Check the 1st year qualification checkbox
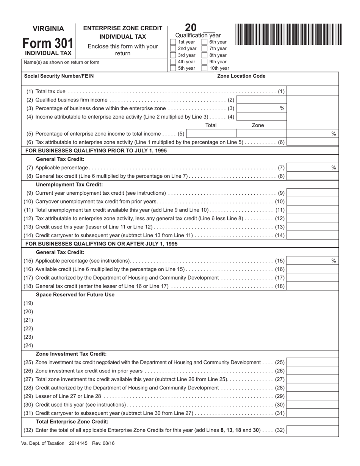coord(173,42)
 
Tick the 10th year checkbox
coord(205,69)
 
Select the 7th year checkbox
coord(205,48)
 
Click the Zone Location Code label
coord(241,76)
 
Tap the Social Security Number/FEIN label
coord(59,76)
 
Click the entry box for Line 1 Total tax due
coord(313,91)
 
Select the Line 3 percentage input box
coord(261,108)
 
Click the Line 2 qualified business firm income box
coord(261,100)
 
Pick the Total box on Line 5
coord(211,134)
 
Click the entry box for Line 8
coord(313,176)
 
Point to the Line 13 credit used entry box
coord(313,227)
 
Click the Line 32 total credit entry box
coord(313,430)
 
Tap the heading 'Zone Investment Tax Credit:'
coord(71,354)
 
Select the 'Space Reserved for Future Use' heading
coord(75,294)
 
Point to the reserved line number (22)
coord(28,328)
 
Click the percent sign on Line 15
coord(333,261)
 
